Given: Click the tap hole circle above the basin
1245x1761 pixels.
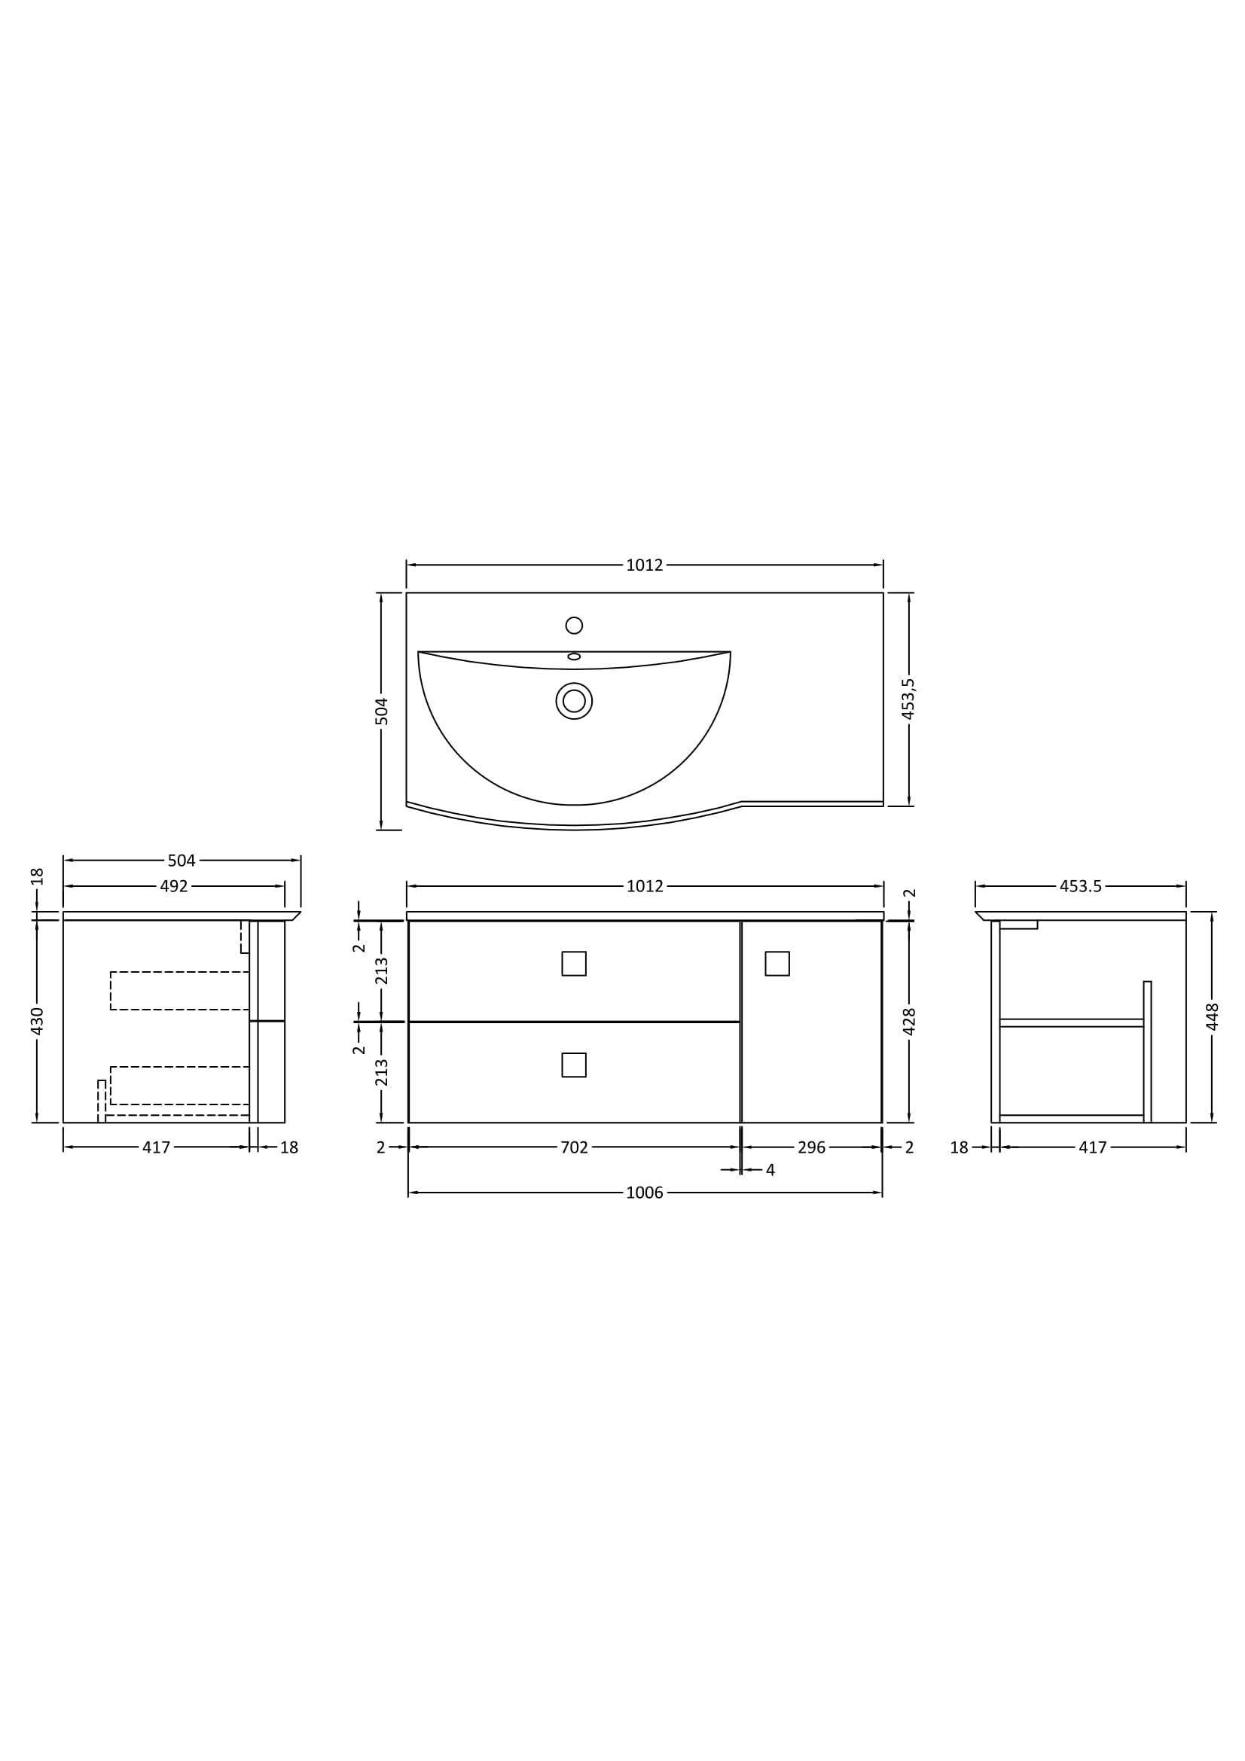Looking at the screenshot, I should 574,625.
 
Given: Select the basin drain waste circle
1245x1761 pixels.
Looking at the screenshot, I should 574,701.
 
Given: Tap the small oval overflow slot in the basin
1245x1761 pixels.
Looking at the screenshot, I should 574,657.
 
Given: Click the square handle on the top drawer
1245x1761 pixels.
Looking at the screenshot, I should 574,964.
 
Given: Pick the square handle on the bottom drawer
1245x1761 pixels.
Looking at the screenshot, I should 574,1065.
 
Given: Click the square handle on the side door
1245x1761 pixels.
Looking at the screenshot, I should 777,964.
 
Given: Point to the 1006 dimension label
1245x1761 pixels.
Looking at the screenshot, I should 645,1193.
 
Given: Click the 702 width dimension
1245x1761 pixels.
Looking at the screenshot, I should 574,1147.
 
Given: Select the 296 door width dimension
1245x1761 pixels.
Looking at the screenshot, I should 812,1147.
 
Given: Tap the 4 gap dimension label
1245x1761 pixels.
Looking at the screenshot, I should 770,1171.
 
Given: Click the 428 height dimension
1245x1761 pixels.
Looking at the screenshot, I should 910,1022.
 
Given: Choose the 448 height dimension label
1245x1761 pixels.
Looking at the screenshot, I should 1213,1017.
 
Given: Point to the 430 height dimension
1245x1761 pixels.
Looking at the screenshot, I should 37,1022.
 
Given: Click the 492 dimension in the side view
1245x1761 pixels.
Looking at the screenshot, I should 174,887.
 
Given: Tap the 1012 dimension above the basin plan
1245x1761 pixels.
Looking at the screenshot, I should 645,565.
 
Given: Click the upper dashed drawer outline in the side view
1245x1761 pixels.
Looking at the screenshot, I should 179,991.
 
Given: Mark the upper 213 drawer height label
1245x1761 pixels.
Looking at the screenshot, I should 381,971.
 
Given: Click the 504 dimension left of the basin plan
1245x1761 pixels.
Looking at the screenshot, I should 381,711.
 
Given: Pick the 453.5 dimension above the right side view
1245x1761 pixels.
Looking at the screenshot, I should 1080,887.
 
